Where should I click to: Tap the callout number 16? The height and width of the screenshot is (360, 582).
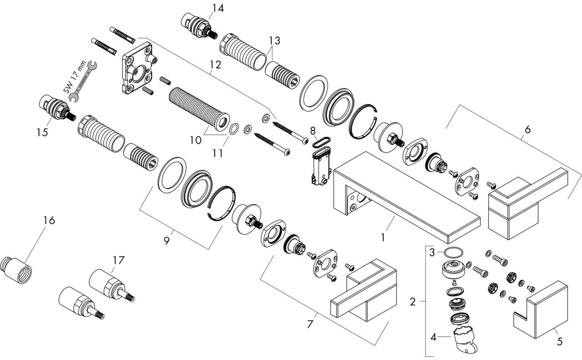click(49, 220)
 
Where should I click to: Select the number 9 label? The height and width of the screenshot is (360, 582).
click(166, 240)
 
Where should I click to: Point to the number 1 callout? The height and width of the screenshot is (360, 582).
click(383, 237)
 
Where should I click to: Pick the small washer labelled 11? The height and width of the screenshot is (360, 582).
click(233, 130)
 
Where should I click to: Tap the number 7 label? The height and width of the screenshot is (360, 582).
click(310, 325)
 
